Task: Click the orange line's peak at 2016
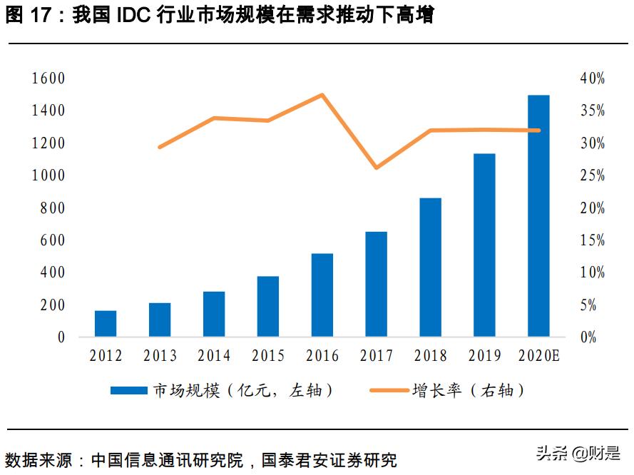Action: tap(322, 95)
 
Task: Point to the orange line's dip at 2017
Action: tap(376, 168)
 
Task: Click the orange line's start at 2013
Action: tap(160, 147)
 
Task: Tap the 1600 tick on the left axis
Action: tap(48, 78)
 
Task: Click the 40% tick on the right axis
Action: tap(592, 78)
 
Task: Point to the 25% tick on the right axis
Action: tap(592, 175)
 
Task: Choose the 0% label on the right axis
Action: tap(588, 337)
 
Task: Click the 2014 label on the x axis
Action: tap(214, 355)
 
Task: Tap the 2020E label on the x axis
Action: tap(539, 355)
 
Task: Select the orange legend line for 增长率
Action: tap(389, 390)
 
